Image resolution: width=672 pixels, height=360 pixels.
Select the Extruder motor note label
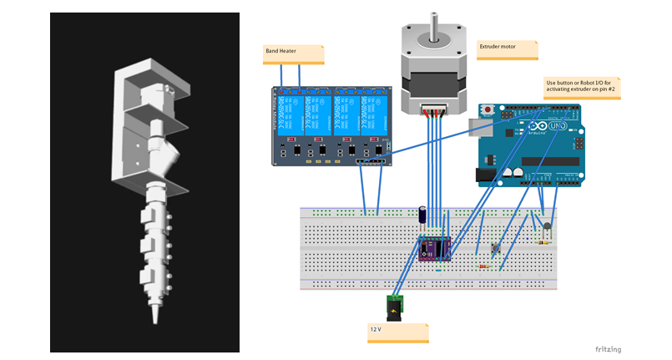click(508, 49)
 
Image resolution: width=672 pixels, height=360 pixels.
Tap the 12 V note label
click(398, 332)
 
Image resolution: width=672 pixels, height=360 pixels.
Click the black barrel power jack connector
click(395, 307)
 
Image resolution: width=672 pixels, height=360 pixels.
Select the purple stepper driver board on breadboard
click(436, 248)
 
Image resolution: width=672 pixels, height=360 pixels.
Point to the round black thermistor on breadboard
click(547, 225)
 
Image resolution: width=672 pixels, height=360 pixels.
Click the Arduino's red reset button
click(487, 109)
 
